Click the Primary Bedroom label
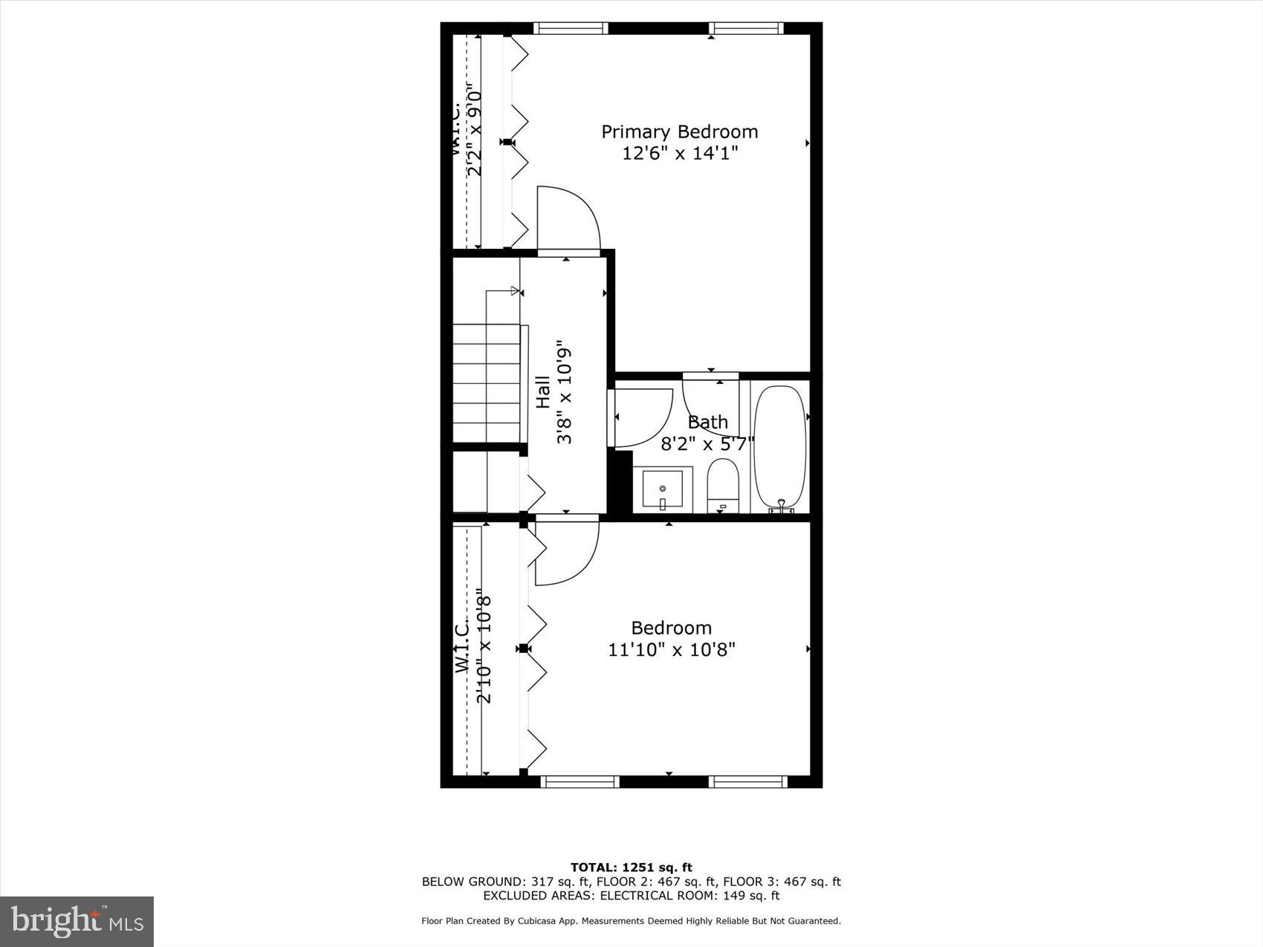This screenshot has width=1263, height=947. click(679, 132)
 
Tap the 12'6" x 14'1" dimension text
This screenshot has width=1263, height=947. click(679, 154)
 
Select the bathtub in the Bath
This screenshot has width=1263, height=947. click(780, 446)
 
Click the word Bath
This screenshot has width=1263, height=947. click(707, 423)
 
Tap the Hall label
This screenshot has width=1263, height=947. click(543, 392)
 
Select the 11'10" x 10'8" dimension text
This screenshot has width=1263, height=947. click(672, 650)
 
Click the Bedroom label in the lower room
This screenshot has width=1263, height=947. click(672, 628)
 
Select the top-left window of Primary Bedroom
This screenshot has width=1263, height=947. click(571, 28)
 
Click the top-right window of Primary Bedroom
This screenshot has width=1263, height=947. click(746, 28)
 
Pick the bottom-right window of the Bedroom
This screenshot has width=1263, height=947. click(749, 781)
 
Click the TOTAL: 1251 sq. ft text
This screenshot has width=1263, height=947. click(631, 867)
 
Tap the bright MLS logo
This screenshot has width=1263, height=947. click(77, 922)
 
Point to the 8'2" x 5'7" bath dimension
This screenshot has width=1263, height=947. click(707, 444)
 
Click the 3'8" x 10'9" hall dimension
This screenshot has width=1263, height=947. click(565, 396)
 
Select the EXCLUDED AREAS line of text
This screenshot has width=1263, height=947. click(631, 896)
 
